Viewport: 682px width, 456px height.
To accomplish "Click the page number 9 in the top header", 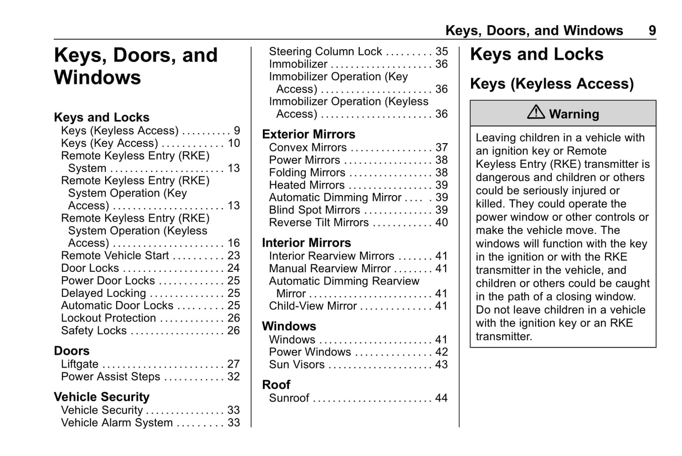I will click(x=652, y=31).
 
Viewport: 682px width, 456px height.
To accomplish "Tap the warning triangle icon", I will click(x=536, y=112).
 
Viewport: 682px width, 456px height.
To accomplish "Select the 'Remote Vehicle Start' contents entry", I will click(x=115, y=256).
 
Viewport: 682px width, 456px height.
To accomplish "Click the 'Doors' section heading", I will click(x=72, y=351).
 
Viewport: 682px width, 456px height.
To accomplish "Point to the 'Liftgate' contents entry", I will click(x=80, y=364).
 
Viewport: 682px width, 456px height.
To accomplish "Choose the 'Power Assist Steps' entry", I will click(x=110, y=377).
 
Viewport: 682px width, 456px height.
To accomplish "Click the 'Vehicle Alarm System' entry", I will click(x=117, y=422).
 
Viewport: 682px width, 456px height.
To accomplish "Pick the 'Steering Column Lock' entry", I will click(x=325, y=52).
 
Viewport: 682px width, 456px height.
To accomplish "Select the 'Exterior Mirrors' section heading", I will click(x=309, y=134).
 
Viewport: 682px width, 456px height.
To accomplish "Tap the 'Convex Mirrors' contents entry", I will click(x=308, y=147).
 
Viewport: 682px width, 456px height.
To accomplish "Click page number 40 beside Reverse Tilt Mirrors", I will click(x=441, y=223).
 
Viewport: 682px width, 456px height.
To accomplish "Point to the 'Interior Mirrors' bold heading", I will click(x=306, y=243).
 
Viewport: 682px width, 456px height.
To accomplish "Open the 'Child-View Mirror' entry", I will click(x=312, y=306).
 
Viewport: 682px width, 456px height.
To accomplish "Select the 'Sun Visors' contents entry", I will click(x=296, y=365).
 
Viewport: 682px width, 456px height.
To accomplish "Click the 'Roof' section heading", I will click(x=276, y=385).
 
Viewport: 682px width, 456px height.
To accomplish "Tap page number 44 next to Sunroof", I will click(x=441, y=398).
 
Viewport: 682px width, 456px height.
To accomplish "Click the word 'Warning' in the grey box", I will click(x=574, y=114).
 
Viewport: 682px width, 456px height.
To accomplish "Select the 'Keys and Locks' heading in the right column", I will click(x=537, y=54).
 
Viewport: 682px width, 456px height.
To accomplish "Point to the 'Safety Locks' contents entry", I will click(x=93, y=331).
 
